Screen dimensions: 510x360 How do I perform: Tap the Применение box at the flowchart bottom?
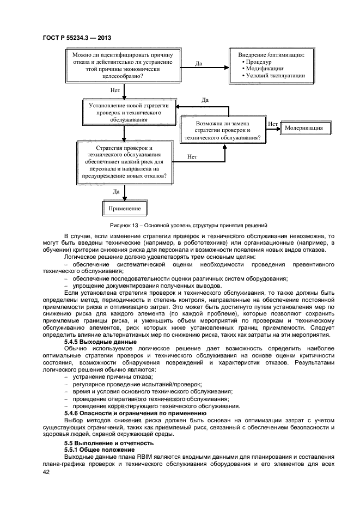click(124, 208)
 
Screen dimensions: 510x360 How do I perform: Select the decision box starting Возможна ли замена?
click(223, 131)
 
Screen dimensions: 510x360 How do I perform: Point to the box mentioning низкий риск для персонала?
click(124, 162)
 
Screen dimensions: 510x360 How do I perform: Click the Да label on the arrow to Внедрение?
click(199, 63)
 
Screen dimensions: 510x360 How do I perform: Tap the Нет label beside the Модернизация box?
click(273, 124)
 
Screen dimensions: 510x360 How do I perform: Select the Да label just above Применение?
click(116, 191)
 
